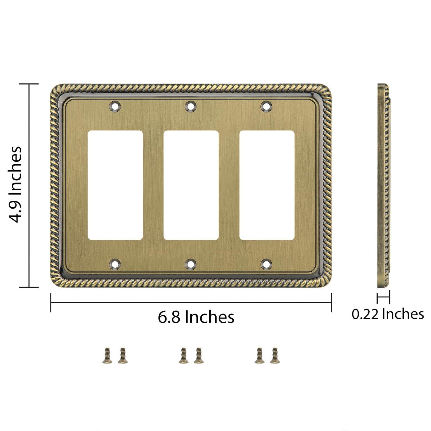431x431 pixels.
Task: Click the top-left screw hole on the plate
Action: click(115, 106)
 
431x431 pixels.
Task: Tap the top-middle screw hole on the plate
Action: click(191, 106)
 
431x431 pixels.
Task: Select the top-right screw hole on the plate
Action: click(266, 106)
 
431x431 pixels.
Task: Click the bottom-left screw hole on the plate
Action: click(115, 264)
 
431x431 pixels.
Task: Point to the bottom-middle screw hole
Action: click(191, 264)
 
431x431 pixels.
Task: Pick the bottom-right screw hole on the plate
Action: click(266, 264)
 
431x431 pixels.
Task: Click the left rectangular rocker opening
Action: click(115, 185)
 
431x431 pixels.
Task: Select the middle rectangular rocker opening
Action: click(191, 185)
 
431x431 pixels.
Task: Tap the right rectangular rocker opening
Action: click(267, 185)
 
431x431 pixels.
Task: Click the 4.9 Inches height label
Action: click(15, 185)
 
